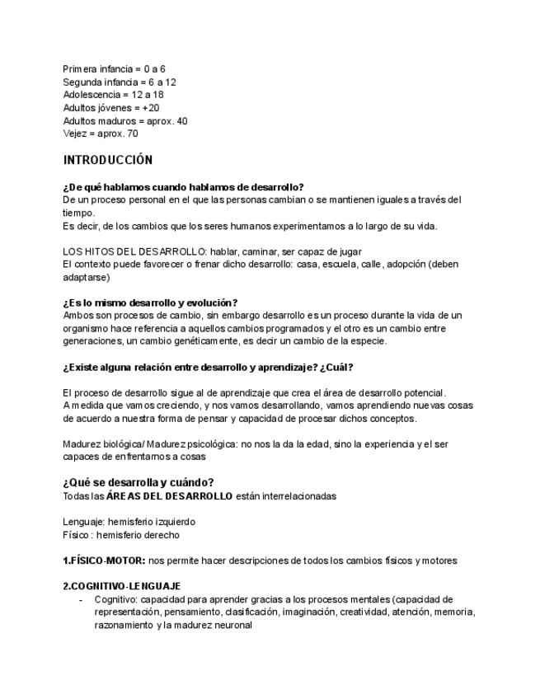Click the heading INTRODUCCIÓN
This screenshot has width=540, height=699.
pyautogui.click(x=108, y=160)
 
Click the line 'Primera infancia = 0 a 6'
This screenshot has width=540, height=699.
pyautogui.click(x=114, y=69)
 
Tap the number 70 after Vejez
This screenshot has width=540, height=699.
pyautogui.click(x=132, y=134)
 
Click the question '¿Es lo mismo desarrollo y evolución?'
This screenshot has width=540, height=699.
pyautogui.click(x=150, y=303)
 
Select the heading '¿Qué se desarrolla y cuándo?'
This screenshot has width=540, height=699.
pyautogui.click(x=139, y=482)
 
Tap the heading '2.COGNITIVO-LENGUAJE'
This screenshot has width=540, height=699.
pyautogui.click(x=121, y=586)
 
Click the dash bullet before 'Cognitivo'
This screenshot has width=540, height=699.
pyautogui.click(x=80, y=599)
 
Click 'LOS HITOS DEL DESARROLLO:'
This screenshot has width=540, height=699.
pyautogui.click(x=134, y=251)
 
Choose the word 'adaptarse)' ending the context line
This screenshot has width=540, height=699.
pyautogui.click(x=86, y=278)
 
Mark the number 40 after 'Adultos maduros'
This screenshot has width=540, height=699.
pyautogui.click(x=181, y=121)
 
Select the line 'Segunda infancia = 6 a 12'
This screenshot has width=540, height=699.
pyautogui.click(x=119, y=82)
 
